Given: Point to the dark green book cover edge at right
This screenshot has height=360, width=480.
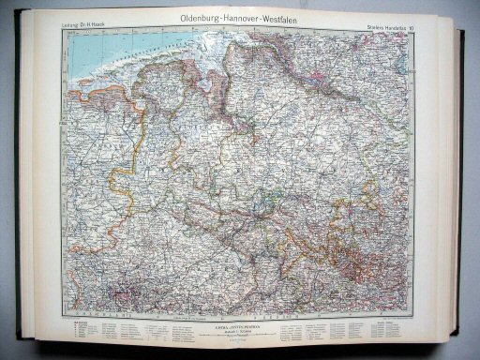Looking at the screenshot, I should pos(460,187).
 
